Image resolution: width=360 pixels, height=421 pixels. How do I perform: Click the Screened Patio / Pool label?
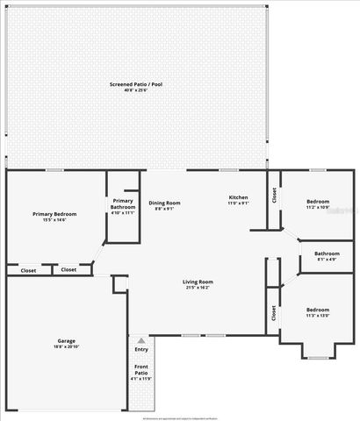(135, 84)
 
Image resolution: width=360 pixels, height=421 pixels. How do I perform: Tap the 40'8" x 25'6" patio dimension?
(135, 91)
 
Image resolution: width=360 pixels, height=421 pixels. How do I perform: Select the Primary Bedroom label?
(54, 214)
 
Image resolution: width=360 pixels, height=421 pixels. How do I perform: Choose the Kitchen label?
(239, 197)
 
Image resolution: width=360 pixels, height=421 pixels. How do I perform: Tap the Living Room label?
(198, 282)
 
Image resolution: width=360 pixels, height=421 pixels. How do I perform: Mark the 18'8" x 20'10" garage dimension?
(66, 347)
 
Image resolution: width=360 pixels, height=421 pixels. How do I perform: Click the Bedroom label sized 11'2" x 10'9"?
(318, 202)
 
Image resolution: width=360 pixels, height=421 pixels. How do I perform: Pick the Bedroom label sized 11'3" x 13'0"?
(318, 310)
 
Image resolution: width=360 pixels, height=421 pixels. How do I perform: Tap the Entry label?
(141, 350)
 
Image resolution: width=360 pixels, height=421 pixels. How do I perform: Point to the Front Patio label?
(141, 368)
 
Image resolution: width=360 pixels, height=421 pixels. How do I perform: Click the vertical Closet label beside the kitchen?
(275, 195)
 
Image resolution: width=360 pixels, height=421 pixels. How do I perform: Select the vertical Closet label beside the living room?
(273, 312)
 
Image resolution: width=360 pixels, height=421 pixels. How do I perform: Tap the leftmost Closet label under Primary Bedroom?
(28, 270)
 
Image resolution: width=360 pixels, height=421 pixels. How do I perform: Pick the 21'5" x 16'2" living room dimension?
(198, 289)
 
